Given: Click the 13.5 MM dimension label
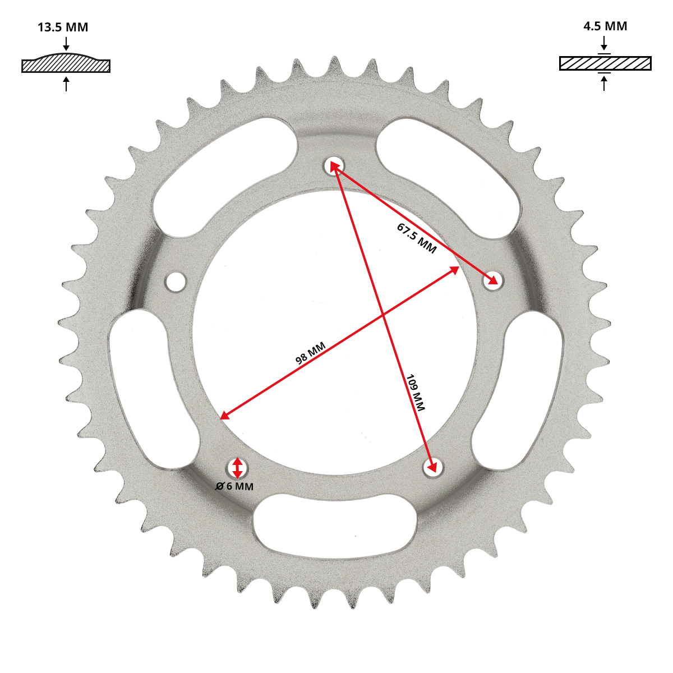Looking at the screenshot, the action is pyautogui.click(x=63, y=27).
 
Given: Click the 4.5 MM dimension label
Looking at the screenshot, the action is pyautogui.click(x=605, y=26).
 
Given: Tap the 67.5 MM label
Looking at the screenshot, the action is pyautogui.click(x=416, y=238).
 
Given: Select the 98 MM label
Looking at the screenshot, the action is pyautogui.click(x=310, y=353).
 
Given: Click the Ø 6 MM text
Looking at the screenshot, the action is pyautogui.click(x=234, y=486).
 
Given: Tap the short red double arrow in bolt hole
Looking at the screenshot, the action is pyautogui.click(x=237, y=468).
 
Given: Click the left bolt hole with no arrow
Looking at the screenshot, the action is pyautogui.click(x=176, y=282).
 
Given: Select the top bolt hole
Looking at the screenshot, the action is pyautogui.click(x=334, y=165).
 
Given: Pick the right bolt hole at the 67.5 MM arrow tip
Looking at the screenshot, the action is pyautogui.click(x=493, y=280).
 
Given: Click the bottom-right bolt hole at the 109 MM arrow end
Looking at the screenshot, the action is pyautogui.click(x=433, y=468).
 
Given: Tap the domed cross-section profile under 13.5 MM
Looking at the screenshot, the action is pyautogui.click(x=66, y=63).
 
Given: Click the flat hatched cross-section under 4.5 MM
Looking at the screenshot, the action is pyautogui.click(x=605, y=63).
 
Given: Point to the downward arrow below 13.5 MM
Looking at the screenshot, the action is pyautogui.click(x=66, y=43).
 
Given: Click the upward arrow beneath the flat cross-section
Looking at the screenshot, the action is pyautogui.click(x=604, y=83).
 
